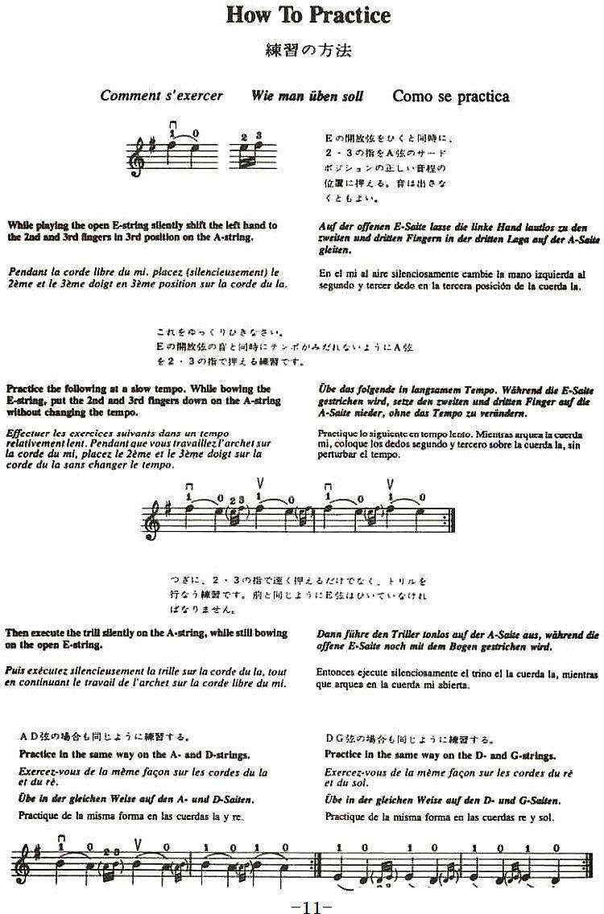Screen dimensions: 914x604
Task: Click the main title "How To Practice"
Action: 308,15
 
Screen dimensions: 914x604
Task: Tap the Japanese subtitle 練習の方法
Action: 308,51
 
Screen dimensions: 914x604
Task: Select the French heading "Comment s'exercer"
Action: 161,96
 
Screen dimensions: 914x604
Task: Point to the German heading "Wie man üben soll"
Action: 307,96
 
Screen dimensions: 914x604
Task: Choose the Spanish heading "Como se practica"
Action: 450,97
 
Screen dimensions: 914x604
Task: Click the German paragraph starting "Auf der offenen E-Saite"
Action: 458,239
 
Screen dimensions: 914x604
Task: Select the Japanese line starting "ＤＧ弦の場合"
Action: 409,737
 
